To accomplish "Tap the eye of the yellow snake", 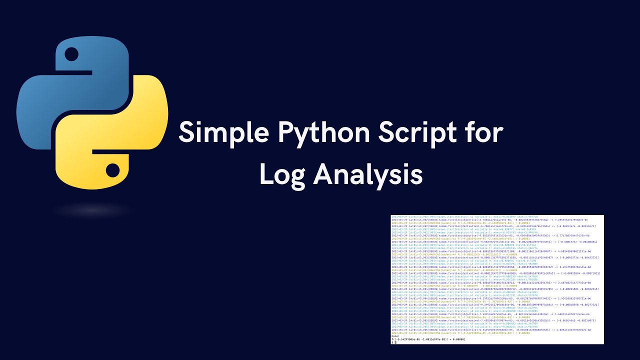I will point(113,171).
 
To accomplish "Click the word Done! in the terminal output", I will point(395,336).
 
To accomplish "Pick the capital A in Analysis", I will point(324,174).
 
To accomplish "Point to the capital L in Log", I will point(265,174).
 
